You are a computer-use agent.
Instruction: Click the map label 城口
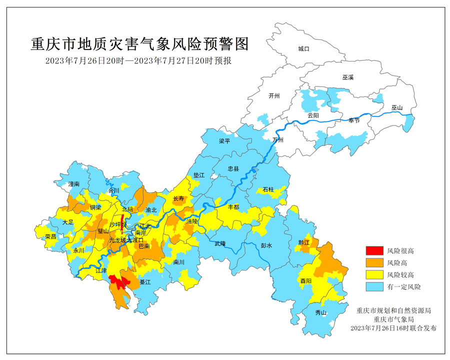coord(304,49)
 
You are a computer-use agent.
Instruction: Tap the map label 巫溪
coord(348,78)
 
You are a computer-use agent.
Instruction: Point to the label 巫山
coord(397,108)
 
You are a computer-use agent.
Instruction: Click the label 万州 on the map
coord(278,140)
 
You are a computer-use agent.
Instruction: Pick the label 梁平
coord(224,141)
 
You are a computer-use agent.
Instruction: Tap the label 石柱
coord(268,189)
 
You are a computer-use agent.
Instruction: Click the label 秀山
coord(320,313)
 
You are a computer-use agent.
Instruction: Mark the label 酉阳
coord(306,280)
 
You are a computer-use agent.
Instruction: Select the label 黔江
coord(304,242)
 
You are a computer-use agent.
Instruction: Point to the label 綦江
coord(145,282)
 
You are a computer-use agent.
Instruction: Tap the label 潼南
coord(74,184)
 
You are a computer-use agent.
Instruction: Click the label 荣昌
coord(50,236)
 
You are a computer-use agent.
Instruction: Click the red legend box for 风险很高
coord(372,250)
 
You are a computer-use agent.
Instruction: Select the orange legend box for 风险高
coord(372,262)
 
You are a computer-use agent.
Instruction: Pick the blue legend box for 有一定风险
coord(372,287)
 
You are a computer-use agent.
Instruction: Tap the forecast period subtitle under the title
coord(140,60)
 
